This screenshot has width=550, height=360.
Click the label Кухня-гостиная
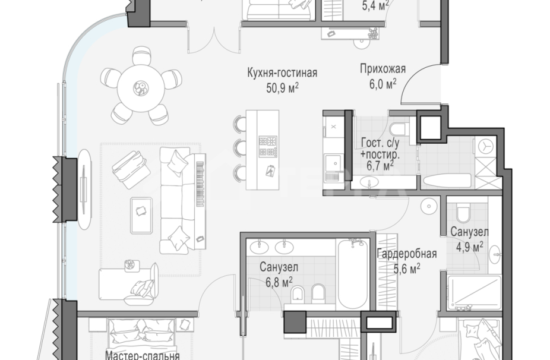282,73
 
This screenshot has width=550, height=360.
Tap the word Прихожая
378,68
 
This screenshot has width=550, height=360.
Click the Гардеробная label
407,254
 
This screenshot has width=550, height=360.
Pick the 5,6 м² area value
407,268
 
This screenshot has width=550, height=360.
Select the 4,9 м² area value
469,245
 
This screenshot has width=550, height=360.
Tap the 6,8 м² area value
279,281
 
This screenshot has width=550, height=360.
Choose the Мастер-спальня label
143,355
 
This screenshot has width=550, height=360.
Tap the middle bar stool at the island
240,147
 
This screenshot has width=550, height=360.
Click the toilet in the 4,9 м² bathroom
463,213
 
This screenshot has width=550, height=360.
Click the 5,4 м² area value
375,6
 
